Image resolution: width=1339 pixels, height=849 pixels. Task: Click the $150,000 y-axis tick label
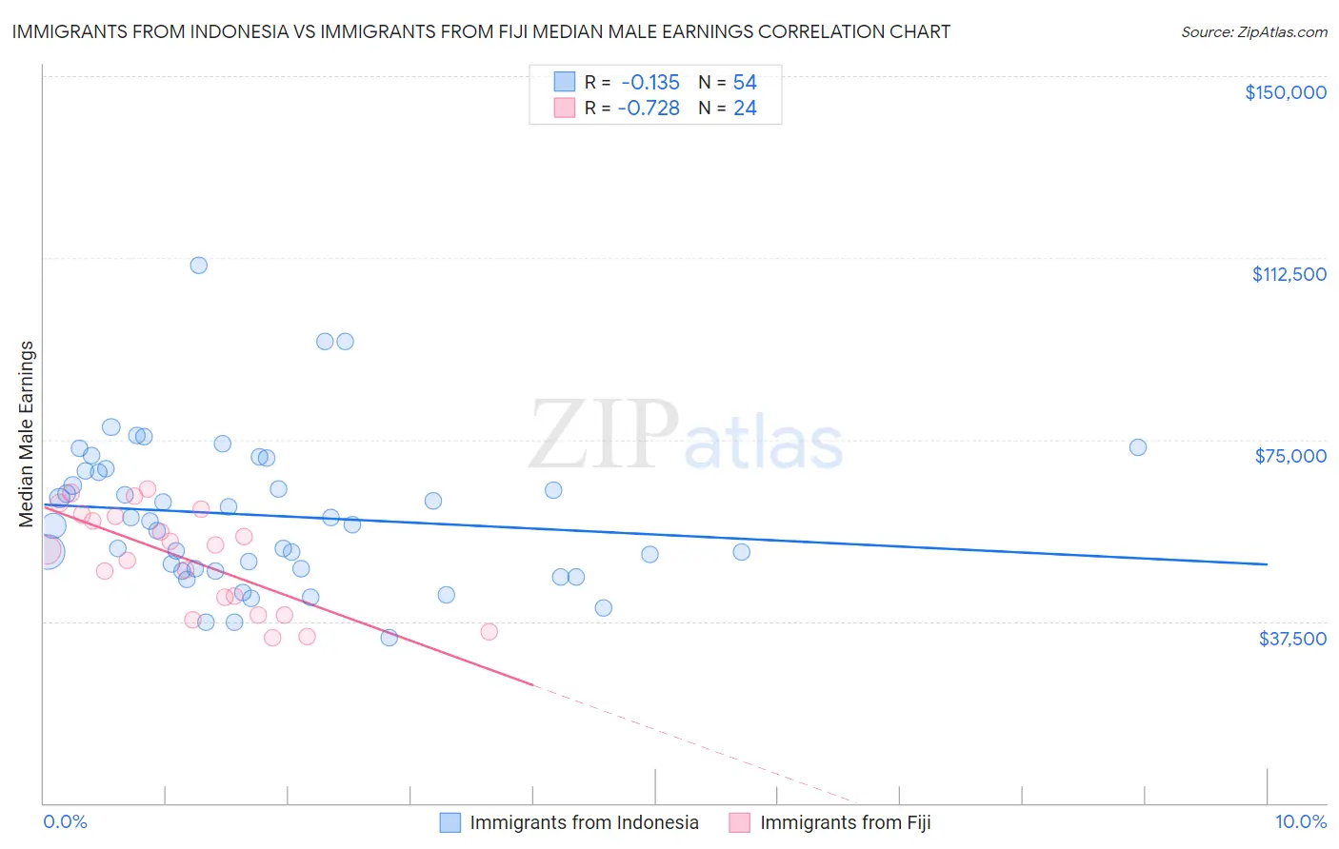(x=1285, y=92)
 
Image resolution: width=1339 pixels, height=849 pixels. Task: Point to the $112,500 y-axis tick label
(x=1289, y=274)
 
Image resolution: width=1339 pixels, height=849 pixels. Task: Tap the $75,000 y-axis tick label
(x=1290, y=456)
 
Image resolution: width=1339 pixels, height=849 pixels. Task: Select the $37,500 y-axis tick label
(x=1291, y=639)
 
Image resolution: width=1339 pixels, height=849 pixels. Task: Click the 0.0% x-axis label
(x=65, y=821)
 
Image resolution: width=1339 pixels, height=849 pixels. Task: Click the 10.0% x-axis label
(x=1300, y=821)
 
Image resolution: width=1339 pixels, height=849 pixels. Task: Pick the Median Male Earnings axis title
(x=27, y=434)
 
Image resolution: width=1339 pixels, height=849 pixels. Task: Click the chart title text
(x=481, y=31)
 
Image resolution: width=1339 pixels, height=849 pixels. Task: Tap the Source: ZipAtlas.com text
(x=1253, y=31)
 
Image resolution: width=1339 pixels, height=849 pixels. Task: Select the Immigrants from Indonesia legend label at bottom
(x=584, y=822)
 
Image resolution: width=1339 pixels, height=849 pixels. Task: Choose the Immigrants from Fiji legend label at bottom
(x=845, y=822)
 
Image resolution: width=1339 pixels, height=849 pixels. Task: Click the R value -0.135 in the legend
(x=650, y=82)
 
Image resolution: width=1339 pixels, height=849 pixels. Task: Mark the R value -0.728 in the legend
(x=649, y=109)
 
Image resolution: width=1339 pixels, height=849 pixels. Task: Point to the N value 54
(x=745, y=82)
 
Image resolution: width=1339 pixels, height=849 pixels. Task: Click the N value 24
(x=745, y=109)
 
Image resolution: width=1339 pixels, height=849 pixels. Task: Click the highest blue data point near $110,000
(x=198, y=265)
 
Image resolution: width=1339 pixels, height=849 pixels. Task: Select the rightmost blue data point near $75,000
(x=1137, y=447)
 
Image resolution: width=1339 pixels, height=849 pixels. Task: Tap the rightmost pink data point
(x=489, y=631)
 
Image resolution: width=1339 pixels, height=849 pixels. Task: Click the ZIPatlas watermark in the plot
(x=686, y=436)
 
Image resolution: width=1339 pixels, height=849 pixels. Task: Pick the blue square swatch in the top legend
(x=565, y=82)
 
